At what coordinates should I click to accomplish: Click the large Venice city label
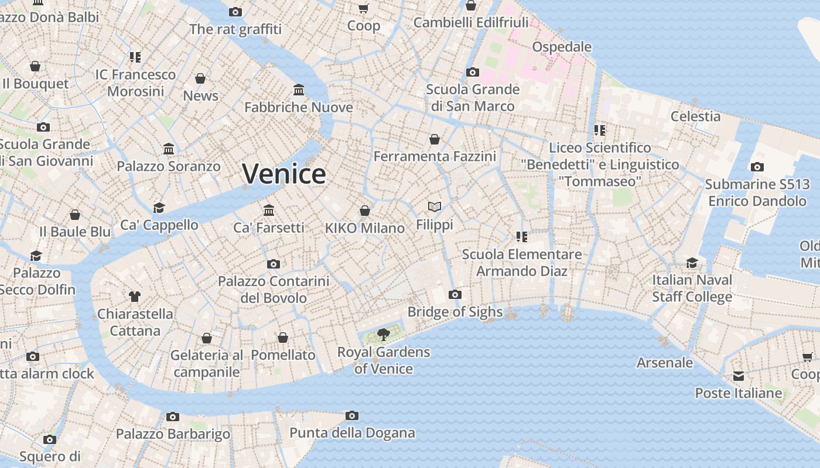[x=284, y=174]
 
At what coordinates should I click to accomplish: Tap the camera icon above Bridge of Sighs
[x=455, y=294]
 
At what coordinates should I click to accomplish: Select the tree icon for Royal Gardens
[x=383, y=335]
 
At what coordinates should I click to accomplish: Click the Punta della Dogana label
[x=352, y=433]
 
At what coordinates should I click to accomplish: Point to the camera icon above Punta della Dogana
[x=351, y=415]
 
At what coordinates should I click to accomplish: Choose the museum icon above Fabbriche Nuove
[x=299, y=90]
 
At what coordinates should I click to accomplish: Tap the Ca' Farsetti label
[x=269, y=228]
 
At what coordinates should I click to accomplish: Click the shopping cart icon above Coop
[x=363, y=8]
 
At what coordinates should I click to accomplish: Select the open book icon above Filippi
[x=434, y=207]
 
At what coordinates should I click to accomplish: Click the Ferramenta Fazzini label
[x=435, y=156]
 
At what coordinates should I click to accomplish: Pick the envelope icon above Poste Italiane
[x=739, y=376]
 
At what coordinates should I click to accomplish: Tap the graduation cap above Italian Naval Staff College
[x=692, y=263]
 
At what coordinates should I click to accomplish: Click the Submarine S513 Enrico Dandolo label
[x=757, y=192]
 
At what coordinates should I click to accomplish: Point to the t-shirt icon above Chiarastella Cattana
[x=135, y=296]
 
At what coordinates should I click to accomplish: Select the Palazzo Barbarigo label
[x=173, y=434]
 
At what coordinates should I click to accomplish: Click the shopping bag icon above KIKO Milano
[x=365, y=211]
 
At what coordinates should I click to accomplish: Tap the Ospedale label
[x=562, y=47]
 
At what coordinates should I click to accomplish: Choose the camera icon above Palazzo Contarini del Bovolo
[x=273, y=264]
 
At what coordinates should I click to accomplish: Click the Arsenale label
[x=665, y=363]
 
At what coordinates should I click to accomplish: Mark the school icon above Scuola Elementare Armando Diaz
[x=521, y=237]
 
